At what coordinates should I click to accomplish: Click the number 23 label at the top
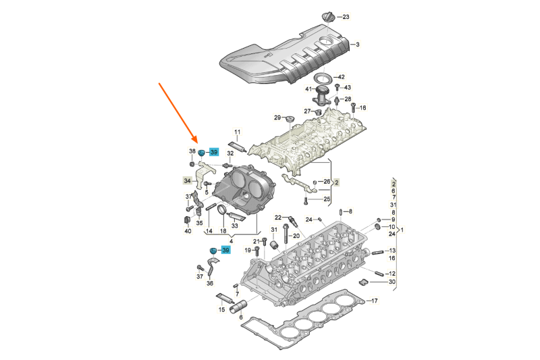pos(346,16)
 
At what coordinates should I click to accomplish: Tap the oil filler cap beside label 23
pos(329,16)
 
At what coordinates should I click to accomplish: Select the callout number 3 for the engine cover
pos(358,45)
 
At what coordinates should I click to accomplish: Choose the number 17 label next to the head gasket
pos(375,301)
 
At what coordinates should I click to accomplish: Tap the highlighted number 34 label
pos(188,180)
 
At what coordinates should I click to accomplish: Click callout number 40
pos(188,232)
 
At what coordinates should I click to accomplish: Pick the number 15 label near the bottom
pos(221,309)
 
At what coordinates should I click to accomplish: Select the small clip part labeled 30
pos(363,281)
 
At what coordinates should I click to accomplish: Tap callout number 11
pos(237,132)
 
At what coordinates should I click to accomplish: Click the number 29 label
pos(277,118)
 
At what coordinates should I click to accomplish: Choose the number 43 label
pos(348,87)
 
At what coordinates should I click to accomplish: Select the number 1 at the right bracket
pos(402,230)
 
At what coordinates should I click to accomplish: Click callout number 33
pos(234,226)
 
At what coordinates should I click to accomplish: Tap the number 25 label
pos(327,199)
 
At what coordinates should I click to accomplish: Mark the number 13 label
pos(392,251)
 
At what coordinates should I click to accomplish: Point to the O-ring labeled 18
pos(221,215)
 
